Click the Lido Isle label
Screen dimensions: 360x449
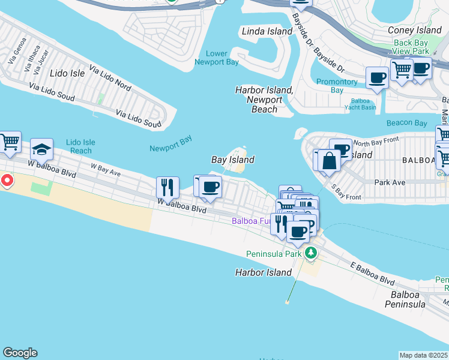(x=65, y=73)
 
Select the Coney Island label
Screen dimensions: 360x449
(x=415, y=30)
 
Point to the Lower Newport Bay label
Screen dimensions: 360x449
(x=217, y=58)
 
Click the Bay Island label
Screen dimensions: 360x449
(x=233, y=160)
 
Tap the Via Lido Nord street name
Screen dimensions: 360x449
(x=110, y=78)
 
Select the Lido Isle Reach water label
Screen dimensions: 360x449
(x=81, y=146)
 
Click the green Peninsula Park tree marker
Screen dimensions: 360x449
(x=310, y=253)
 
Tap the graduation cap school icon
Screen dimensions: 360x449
(x=42, y=149)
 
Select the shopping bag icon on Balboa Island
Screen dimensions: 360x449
(x=329, y=160)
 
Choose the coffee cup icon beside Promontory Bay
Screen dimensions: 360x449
(x=377, y=78)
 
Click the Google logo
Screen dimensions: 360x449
(x=20, y=353)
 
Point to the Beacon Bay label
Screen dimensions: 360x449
(x=406, y=122)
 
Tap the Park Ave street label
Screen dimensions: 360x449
(x=390, y=182)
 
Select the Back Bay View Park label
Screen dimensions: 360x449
(x=411, y=47)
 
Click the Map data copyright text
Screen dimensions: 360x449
(x=424, y=355)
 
